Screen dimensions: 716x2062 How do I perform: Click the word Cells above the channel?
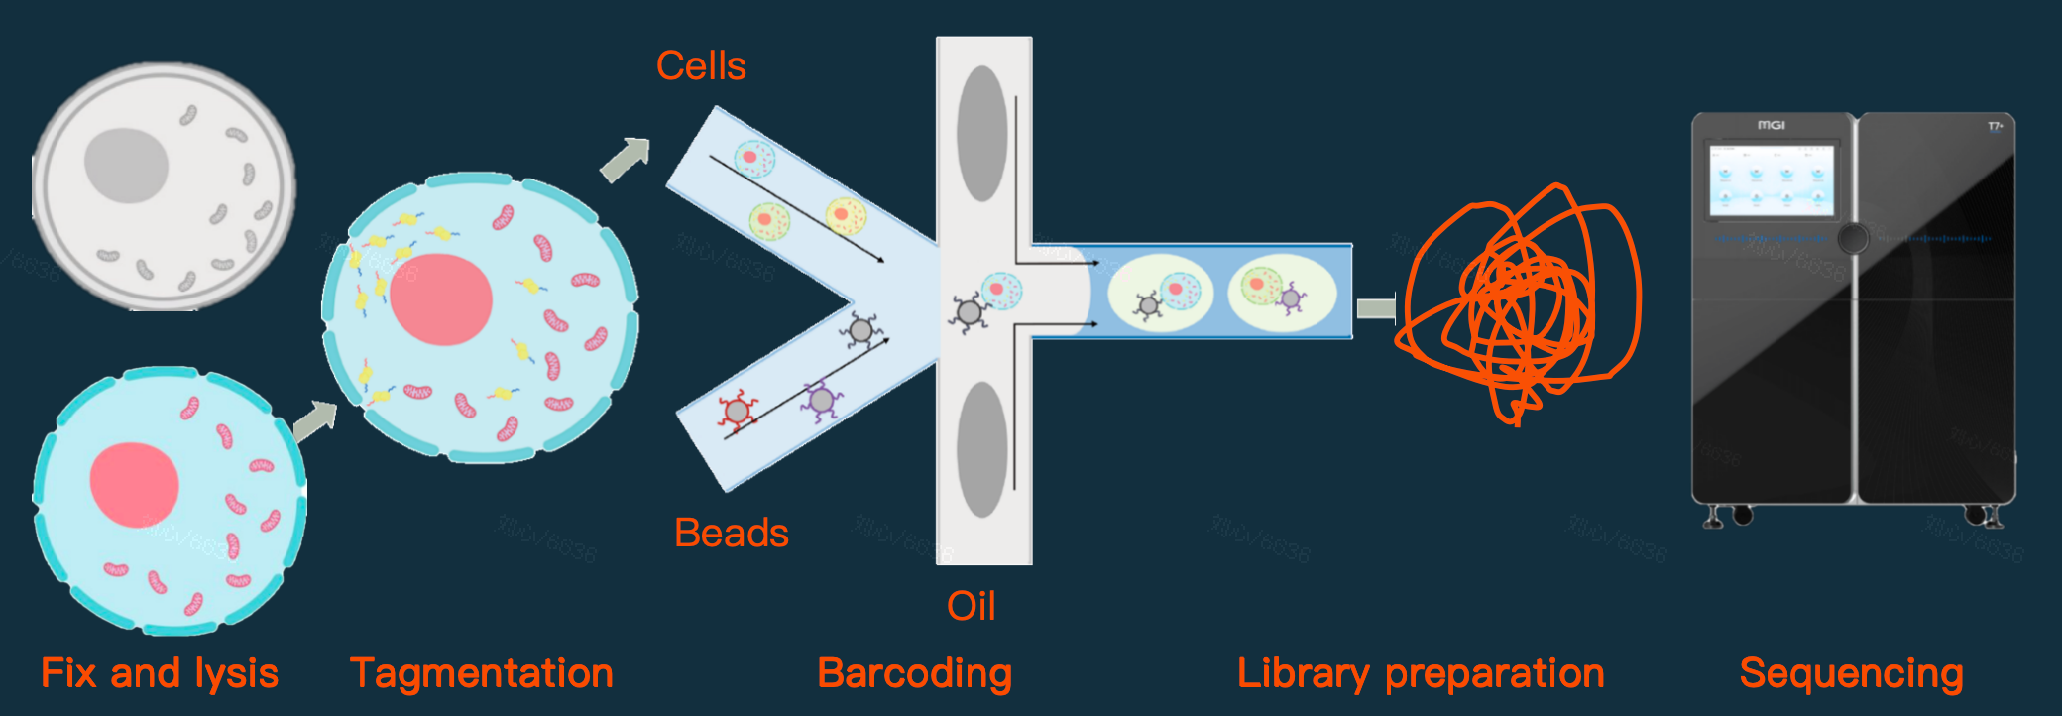click(x=701, y=66)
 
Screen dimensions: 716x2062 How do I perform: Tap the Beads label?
click(x=732, y=534)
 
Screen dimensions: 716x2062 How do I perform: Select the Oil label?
click(x=971, y=606)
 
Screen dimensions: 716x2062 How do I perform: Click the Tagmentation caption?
click(x=482, y=673)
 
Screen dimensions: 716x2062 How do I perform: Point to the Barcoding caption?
click(x=914, y=673)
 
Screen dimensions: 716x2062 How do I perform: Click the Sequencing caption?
click(x=1851, y=673)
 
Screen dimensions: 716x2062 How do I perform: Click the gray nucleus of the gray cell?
click(x=126, y=165)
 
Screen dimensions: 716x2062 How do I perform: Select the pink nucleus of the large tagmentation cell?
click(x=441, y=298)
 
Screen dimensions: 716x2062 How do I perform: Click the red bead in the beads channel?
click(x=737, y=410)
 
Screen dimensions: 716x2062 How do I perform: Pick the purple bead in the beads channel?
click(x=821, y=400)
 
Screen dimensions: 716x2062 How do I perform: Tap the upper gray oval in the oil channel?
click(x=981, y=134)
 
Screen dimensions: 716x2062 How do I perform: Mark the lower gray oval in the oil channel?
click(x=981, y=449)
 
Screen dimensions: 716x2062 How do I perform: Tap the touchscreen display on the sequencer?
click(x=1772, y=179)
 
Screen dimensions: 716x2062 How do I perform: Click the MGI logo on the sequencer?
click(x=1771, y=125)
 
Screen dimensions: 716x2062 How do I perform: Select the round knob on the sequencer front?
click(x=1853, y=237)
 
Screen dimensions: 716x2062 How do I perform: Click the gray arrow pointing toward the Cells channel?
click(x=626, y=159)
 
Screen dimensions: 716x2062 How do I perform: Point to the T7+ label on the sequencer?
click(x=1995, y=126)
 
